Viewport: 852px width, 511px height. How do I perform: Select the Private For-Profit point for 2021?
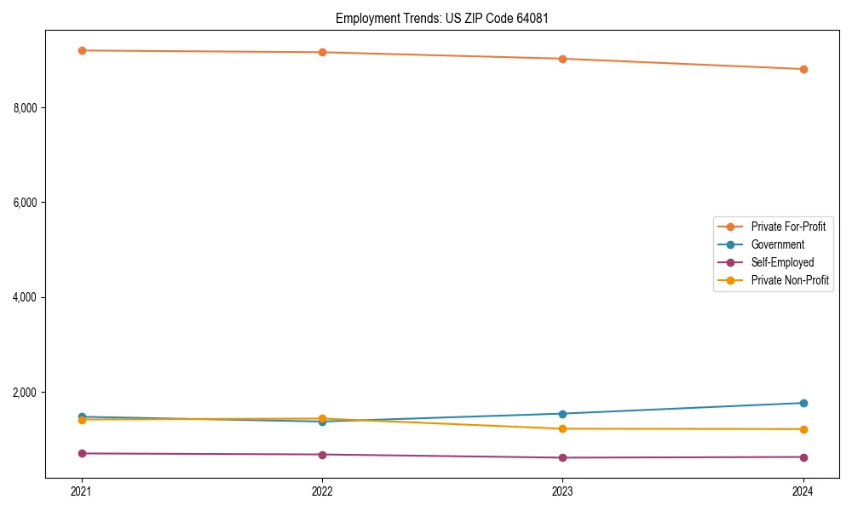82,50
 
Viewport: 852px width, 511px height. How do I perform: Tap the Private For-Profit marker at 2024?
803,69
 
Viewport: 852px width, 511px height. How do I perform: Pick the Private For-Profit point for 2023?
562,59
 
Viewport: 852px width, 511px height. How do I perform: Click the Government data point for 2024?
803,403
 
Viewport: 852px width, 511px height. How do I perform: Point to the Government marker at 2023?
562,414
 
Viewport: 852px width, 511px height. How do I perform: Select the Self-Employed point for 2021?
82,453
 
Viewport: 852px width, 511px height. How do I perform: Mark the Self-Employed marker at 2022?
322,455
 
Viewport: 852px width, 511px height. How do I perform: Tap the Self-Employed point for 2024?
803,457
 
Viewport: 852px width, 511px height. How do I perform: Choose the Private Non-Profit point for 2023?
562,428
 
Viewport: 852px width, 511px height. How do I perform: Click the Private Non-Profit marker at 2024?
803,429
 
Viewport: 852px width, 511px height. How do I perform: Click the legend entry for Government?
777,244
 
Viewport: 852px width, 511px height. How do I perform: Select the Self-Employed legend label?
782,262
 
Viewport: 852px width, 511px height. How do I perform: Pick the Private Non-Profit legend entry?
790,280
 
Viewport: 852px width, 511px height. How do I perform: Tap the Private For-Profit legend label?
788,227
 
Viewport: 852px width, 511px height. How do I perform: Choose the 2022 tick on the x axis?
322,491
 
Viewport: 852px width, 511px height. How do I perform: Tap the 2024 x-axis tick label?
803,491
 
